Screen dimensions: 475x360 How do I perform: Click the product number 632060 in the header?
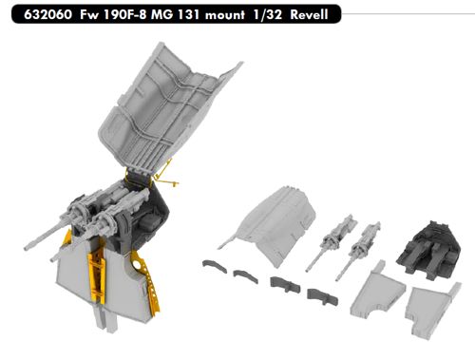pos(47,14)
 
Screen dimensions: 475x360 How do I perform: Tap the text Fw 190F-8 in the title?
pos(113,14)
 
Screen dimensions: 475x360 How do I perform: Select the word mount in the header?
pos(225,15)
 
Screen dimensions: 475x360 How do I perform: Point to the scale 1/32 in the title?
pos(268,14)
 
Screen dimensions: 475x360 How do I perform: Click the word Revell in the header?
pos(309,14)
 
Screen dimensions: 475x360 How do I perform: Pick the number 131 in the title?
pos(188,14)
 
